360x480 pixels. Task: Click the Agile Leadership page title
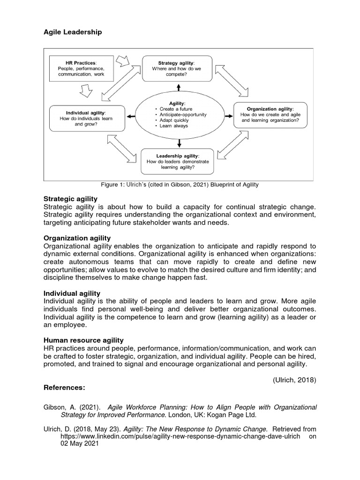(x=72, y=32)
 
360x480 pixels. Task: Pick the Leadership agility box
(x=177, y=161)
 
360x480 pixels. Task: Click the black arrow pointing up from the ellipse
(x=178, y=87)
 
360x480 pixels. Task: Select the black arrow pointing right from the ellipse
(x=228, y=115)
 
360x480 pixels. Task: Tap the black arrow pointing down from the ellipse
(x=178, y=142)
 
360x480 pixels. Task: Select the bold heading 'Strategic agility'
(x=70, y=199)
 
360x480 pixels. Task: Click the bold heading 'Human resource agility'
(x=83, y=340)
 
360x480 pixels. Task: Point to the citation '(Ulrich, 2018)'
(x=294, y=380)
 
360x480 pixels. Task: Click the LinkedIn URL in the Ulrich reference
(x=180, y=436)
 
